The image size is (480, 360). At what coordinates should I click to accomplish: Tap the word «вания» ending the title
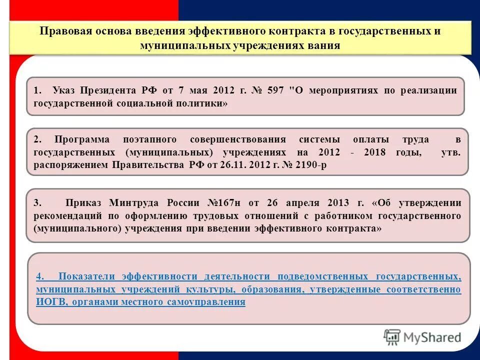coord(326,45)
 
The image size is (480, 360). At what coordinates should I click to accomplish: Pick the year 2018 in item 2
coord(375,152)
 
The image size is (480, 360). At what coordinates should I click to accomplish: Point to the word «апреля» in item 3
coord(302,203)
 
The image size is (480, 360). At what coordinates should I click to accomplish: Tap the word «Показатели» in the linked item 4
coord(86,276)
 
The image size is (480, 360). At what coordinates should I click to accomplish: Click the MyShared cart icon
coord(392,337)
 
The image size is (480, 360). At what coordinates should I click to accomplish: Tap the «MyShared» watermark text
coord(432,337)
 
